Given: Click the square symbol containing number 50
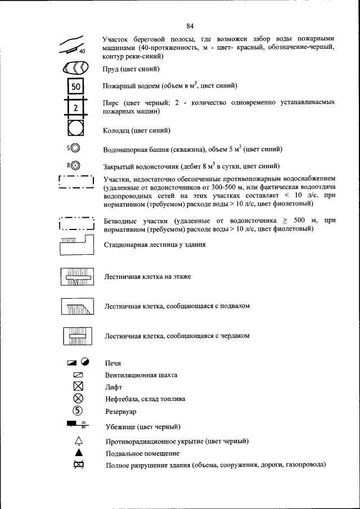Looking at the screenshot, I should [x=76, y=87].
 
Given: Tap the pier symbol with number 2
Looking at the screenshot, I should [x=76, y=107].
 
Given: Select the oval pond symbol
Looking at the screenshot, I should [x=74, y=69].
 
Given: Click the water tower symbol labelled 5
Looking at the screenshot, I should [x=75, y=149].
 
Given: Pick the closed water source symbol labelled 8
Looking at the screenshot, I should [x=75, y=166].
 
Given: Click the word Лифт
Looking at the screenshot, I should [x=113, y=388].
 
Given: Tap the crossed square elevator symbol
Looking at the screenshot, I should [x=78, y=386].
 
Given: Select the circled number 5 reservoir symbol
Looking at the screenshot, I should [x=78, y=410].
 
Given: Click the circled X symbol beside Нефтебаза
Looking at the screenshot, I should [x=78, y=398].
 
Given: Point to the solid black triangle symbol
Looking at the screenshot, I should [x=78, y=452].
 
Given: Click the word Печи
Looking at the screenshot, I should [x=113, y=364].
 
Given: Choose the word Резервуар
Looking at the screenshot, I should [x=121, y=411].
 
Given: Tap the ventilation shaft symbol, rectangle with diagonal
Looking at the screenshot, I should [x=78, y=375].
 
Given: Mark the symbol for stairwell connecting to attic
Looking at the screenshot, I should [x=76, y=336].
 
